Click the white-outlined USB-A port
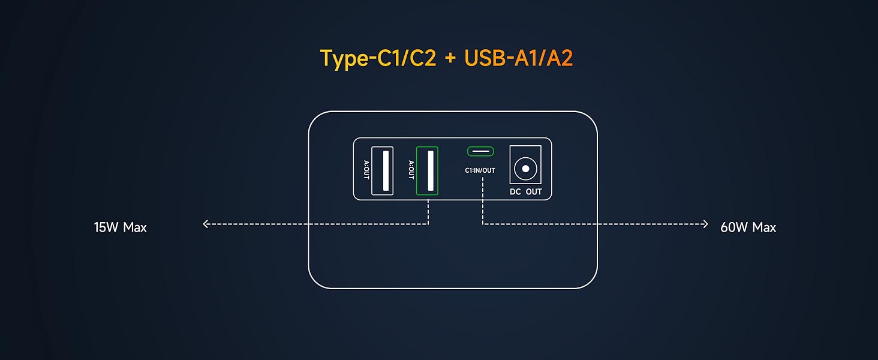coord(382,170)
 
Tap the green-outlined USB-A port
coord(427,170)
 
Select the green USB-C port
coord(480,151)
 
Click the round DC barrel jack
coord(525,169)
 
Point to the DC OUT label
coord(525,192)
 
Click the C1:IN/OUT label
coord(480,170)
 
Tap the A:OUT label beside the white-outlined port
coord(366,170)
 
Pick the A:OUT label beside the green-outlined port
coord(411,170)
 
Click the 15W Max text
coord(120,227)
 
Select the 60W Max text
coord(748,227)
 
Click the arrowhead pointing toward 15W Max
coord(206,224)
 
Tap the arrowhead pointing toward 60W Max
coord(705,224)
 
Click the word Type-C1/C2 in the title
coord(378,58)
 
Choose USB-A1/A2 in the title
coord(519,58)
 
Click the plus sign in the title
coord(450,59)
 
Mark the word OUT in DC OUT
coord(534,192)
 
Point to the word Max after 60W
coord(764,227)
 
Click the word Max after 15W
coord(135,227)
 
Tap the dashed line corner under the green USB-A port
coord(428,224)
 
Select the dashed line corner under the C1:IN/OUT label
coord(483,224)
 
